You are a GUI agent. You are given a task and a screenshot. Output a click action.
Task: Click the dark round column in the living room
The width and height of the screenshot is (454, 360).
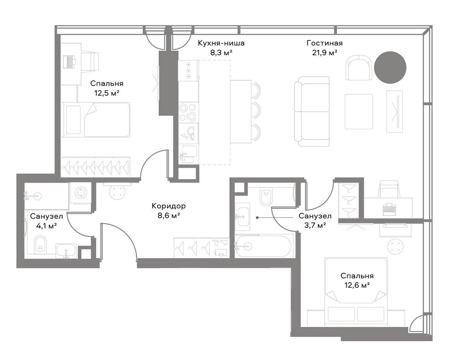pyautogui.click(x=390, y=68)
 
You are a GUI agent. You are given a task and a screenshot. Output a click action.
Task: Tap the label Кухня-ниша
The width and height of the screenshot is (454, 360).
pyautogui.click(x=221, y=43)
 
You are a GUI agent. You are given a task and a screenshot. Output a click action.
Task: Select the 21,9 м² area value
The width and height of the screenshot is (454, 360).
pyautogui.click(x=324, y=53)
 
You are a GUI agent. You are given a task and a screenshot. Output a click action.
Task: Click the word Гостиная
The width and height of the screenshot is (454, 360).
pyautogui.click(x=324, y=43)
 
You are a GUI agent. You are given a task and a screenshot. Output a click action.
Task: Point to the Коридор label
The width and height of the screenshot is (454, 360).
pyautogui.click(x=168, y=206)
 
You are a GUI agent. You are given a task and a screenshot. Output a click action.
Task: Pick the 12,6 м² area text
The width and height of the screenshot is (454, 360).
pyautogui.click(x=357, y=285)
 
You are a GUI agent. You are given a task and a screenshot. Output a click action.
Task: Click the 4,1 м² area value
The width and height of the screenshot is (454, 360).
pyautogui.click(x=46, y=226)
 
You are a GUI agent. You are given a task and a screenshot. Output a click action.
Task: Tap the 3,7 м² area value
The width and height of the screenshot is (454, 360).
pyautogui.click(x=315, y=226)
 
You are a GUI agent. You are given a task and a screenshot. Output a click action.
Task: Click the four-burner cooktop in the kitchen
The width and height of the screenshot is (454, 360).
pyautogui.click(x=188, y=112)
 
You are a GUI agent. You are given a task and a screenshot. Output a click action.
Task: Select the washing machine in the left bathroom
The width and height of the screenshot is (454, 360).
pyautogui.click(x=81, y=193)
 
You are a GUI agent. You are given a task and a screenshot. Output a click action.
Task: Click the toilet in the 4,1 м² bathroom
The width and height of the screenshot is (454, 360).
pyautogui.click(x=41, y=244)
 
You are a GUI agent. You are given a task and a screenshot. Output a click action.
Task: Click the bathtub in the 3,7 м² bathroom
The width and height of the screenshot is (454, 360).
pyautogui.click(x=264, y=246)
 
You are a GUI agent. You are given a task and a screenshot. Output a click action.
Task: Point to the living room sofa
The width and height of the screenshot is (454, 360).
pyautogui.click(x=312, y=112)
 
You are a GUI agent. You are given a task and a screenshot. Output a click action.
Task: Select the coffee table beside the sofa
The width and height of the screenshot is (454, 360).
pyautogui.click(x=359, y=112)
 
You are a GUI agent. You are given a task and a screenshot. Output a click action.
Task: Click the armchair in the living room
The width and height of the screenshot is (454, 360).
pyautogui.click(x=359, y=68)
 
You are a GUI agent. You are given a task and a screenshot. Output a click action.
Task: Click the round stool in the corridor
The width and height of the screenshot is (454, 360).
pyautogui.click(x=117, y=192)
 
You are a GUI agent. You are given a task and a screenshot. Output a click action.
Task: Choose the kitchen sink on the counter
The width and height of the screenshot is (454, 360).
pyautogui.click(x=188, y=154)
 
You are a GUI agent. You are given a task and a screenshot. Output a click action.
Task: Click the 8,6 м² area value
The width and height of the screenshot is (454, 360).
pyautogui.click(x=168, y=216)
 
